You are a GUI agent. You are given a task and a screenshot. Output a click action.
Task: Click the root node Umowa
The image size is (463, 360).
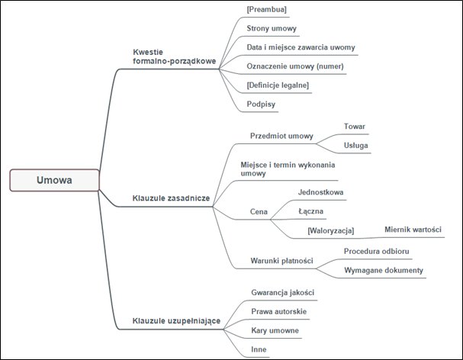(x=54, y=180)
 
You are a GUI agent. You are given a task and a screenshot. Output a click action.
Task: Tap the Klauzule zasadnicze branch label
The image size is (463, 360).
(x=171, y=198)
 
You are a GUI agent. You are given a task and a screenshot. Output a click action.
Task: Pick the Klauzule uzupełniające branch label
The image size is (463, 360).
(x=176, y=320)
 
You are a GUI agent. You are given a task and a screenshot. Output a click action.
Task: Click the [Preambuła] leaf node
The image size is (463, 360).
(x=266, y=10)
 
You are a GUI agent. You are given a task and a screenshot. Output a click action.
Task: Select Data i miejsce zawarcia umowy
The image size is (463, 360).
(x=301, y=47)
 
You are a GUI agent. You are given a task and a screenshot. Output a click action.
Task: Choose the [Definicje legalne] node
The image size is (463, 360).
(x=278, y=85)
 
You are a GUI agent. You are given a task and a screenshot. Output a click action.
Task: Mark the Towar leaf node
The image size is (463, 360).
(x=355, y=127)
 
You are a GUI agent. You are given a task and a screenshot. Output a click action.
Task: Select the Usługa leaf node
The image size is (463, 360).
(x=357, y=145)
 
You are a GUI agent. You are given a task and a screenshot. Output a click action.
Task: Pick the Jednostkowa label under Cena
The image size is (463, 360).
(x=319, y=193)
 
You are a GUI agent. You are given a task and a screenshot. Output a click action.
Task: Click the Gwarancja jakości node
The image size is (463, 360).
(x=282, y=292)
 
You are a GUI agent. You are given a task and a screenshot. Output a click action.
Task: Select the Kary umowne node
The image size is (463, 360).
(x=275, y=330)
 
